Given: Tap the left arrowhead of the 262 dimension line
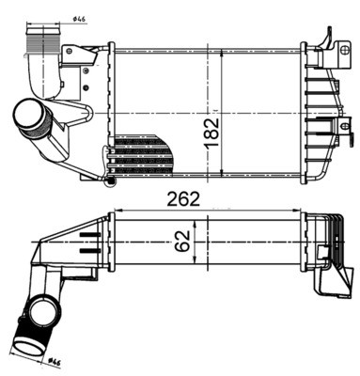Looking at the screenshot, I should coord(114,208).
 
